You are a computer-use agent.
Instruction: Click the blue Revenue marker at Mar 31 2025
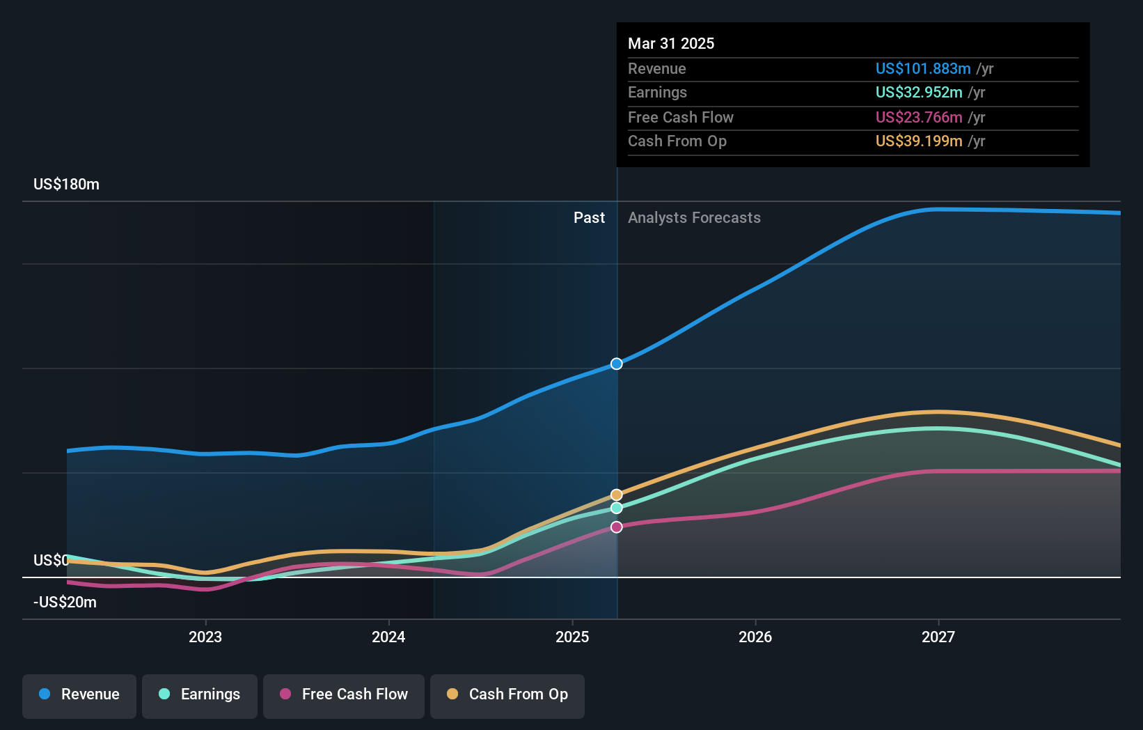coord(617,364)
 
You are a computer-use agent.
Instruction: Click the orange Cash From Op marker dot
coord(617,495)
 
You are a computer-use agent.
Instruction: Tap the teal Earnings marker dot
coord(617,508)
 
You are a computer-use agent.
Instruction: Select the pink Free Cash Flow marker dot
coord(617,527)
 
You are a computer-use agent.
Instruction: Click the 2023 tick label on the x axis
coord(205,637)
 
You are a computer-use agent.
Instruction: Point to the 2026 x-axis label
coord(755,637)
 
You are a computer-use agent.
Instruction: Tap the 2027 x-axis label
coord(938,637)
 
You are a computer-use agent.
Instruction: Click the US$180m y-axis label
coord(66,185)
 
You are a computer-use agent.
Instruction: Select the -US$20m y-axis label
coord(65,603)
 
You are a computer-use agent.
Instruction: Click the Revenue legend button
coord(79,694)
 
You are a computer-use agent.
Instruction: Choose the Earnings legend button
coord(200,694)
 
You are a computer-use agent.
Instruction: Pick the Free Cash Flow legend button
coord(344,694)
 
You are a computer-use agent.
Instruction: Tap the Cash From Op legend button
coord(507,694)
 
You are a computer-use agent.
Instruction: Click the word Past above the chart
coord(589,218)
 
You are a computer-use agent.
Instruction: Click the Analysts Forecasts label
coord(694,218)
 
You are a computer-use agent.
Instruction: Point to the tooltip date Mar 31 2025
coord(671,43)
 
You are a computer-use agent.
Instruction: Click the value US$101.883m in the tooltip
coord(923,69)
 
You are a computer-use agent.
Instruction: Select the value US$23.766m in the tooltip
coord(919,118)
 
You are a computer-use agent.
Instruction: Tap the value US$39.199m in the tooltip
coord(919,141)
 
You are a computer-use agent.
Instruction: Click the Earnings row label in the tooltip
coord(657,93)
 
